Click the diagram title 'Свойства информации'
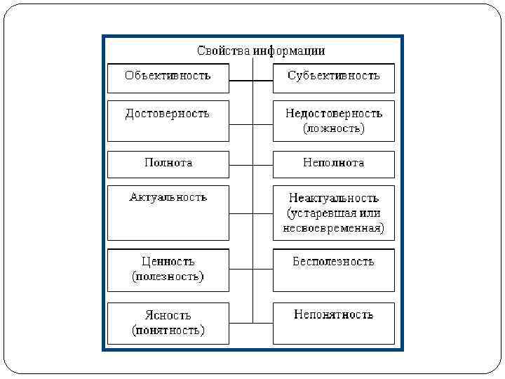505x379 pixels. tap(261, 51)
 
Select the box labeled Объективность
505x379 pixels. tap(168, 77)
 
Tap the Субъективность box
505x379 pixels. tap(333, 77)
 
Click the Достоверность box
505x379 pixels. tap(168, 120)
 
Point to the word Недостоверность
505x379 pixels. tap(333, 113)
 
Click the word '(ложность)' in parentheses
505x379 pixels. tap(333, 128)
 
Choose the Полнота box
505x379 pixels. tap(168, 164)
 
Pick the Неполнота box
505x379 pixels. tap(333, 164)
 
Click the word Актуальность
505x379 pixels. tap(168, 197)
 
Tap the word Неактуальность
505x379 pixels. tap(333, 198)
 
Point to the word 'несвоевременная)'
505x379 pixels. tap(333, 228)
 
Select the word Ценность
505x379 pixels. tap(168, 261)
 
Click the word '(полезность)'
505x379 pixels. tap(168, 277)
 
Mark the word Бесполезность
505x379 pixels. tap(333, 262)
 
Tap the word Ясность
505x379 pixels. tap(168, 315)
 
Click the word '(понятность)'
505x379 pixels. tap(168, 330)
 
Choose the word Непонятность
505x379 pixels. tap(333, 314)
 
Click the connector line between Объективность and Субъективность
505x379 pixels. tap(250, 81)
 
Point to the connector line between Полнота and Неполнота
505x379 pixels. tap(250, 166)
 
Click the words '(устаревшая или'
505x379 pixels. tap(333, 213)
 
